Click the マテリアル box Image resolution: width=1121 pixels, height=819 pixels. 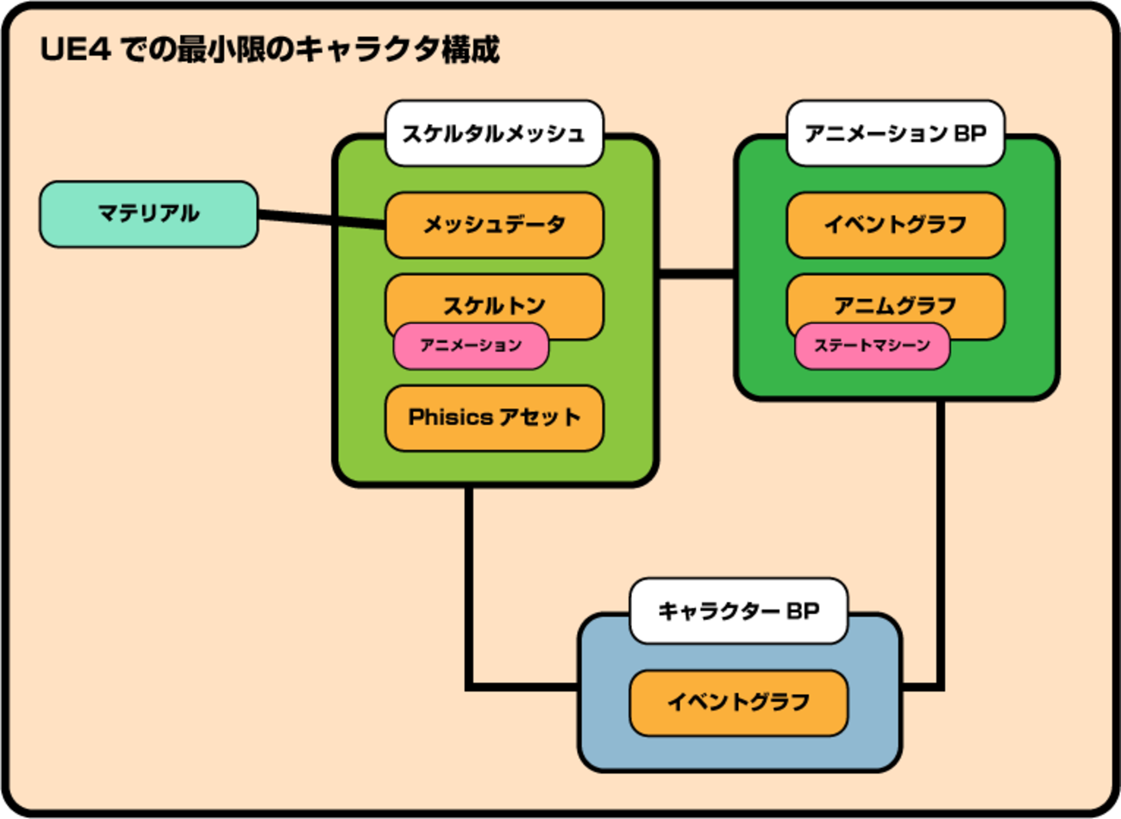click(x=148, y=214)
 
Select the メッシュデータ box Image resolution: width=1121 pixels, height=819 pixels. click(x=493, y=225)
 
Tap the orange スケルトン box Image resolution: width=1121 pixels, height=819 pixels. click(x=493, y=298)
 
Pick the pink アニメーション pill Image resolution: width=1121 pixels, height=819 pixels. click(x=471, y=346)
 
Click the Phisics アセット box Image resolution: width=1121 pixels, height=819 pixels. click(x=493, y=418)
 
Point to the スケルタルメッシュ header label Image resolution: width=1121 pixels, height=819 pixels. click(x=493, y=134)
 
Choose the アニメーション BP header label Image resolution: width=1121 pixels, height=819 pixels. click(x=895, y=134)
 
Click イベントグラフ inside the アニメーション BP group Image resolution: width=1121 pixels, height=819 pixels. click(x=895, y=225)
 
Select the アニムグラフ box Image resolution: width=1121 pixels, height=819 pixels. click(x=895, y=298)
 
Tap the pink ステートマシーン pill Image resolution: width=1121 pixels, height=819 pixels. click(x=872, y=346)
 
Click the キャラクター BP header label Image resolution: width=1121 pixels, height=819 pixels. click(x=738, y=611)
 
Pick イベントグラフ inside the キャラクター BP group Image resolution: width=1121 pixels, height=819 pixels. click(x=738, y=703)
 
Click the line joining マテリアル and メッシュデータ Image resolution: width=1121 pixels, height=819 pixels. click(x=321, y=220)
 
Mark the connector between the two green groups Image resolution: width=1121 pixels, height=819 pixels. click(x=697, y=274)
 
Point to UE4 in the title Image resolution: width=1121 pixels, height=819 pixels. click(x=76, y=49)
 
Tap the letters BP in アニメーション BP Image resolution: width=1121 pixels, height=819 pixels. click(x=970, y=134)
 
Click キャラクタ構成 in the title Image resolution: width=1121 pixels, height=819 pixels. click(x=398, y=49)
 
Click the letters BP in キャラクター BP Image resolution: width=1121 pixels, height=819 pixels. click(x=803, y=611)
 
